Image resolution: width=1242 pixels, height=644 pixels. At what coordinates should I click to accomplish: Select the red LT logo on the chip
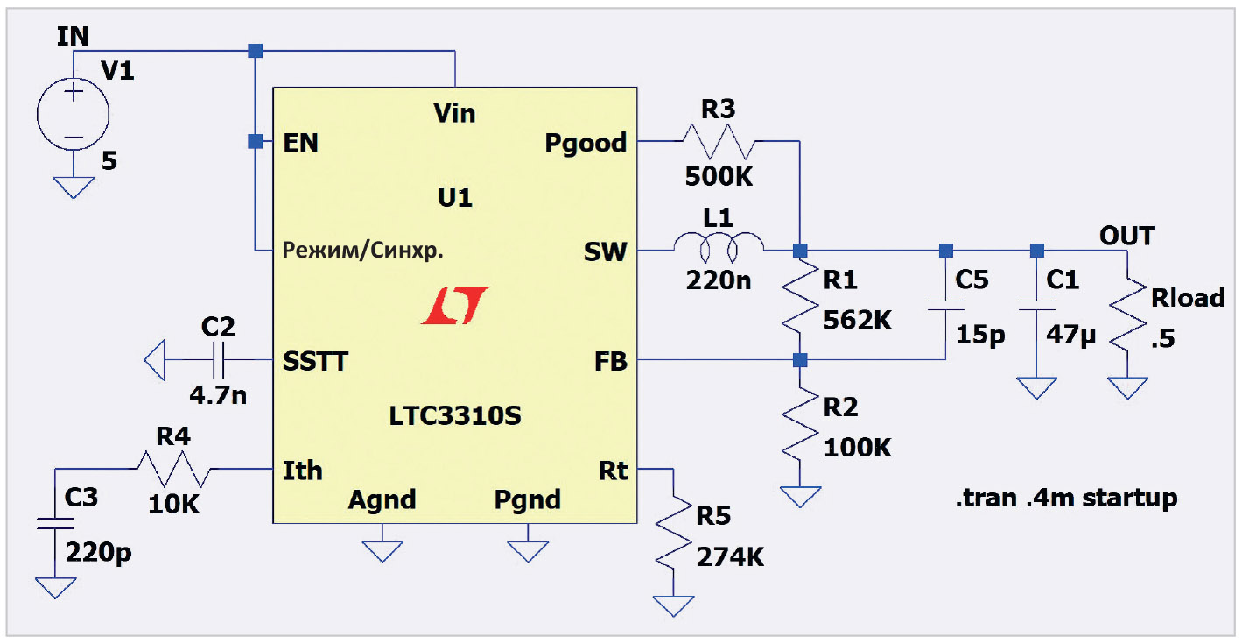coord(454,306)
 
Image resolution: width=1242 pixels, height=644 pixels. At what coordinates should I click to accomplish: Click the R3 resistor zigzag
coord(718,140)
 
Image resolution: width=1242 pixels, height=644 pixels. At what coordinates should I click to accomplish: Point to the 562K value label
coord(858,320)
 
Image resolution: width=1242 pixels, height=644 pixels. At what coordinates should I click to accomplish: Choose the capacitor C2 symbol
coord(217,359)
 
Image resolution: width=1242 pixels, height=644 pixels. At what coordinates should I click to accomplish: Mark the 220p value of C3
coord(99,555)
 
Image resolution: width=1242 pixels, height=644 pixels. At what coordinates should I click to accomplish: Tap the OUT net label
coord(1126,236)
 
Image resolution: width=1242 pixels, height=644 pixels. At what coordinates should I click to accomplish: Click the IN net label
coord(72,36)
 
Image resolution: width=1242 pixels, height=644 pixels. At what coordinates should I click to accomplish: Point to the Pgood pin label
coord(586,142)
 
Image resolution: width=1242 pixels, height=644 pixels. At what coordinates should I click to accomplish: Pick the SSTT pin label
coord(315,361)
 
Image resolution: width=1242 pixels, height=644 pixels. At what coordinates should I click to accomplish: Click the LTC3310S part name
coord(455,415)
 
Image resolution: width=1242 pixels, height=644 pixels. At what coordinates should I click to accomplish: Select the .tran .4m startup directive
coord(1066,499)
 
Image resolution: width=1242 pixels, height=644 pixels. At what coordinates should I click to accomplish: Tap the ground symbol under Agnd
coord(382,550)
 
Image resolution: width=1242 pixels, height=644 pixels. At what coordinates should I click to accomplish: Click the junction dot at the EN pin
coord(254,141)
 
